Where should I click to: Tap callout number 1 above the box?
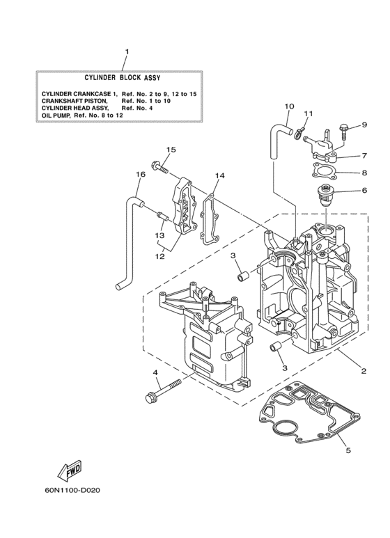[x=127, y=52]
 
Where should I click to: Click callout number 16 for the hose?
[x=140, y=174]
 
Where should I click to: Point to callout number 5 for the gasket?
[x=348, y=450]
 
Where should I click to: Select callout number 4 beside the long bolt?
[x=156, y=373]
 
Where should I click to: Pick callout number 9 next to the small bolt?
[x=363, y=125]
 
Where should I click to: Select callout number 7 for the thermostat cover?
[x=363, y=157]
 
